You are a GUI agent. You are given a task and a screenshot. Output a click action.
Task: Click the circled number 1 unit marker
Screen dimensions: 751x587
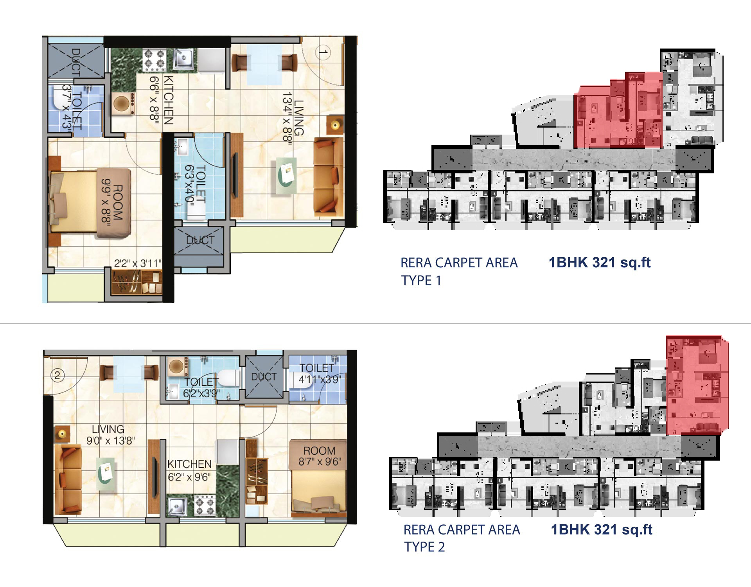tap(322, 52)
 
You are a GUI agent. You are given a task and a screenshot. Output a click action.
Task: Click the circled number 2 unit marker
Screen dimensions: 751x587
tap(57, 376)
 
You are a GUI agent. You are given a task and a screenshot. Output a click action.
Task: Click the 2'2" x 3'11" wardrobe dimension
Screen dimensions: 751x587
tap(138, 263)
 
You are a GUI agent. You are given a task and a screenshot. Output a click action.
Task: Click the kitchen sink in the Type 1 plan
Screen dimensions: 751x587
tap(182, 59)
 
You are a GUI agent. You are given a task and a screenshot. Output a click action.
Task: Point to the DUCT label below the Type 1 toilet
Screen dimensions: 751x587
tap(200, 240)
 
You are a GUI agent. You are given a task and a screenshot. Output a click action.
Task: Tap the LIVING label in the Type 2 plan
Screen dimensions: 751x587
tap(108, 429)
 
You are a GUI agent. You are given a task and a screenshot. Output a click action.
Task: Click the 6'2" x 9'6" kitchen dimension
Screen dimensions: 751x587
tap(189, 477)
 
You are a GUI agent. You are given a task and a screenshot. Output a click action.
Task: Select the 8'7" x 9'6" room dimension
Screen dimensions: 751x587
tap(320, 462)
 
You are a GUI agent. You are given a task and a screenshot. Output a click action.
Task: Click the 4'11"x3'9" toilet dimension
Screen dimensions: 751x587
tap(320, 379)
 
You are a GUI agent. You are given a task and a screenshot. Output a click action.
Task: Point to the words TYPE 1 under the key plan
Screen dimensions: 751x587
tap(421, 281)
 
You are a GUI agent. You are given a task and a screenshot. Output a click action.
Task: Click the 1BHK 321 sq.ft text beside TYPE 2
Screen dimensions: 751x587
tap(602, 529)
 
